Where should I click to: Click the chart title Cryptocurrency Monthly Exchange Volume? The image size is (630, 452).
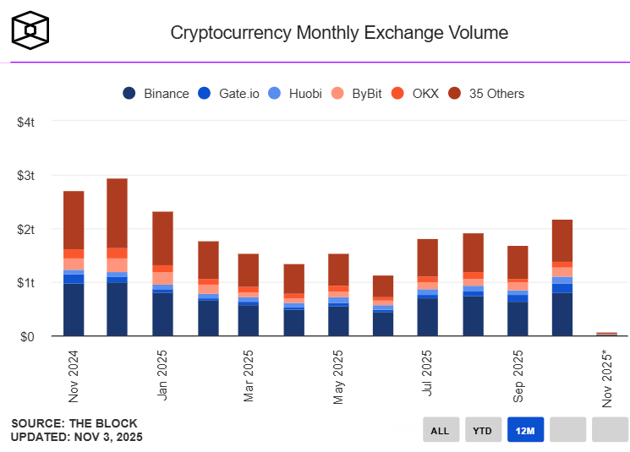pyautogui.click(x=339, y=33)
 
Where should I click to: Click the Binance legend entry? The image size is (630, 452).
pyautogui.click(x=156, y=94)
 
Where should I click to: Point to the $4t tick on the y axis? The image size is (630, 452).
pyautogui.click(x=25, y=123)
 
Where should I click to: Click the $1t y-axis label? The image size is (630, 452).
pyautogui.click(x=25, y=283)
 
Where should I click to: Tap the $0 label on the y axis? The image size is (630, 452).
pyautogui.click(x=28, y=337)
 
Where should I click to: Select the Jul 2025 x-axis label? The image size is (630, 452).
pyautogui.click(x=428, y=376)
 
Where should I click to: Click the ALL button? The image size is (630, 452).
pyautogui.click(x=440, y=430)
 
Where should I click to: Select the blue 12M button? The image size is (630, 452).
pyautogui.click(x=524, y=430)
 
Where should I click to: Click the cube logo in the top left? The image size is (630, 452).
pyautogui.click(x=30, y=29)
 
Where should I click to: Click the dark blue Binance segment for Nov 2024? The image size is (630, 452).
pyautogui.click(x=74, y=309)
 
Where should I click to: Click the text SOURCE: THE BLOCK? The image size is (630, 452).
pyautogui.click(x=74, y=423)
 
